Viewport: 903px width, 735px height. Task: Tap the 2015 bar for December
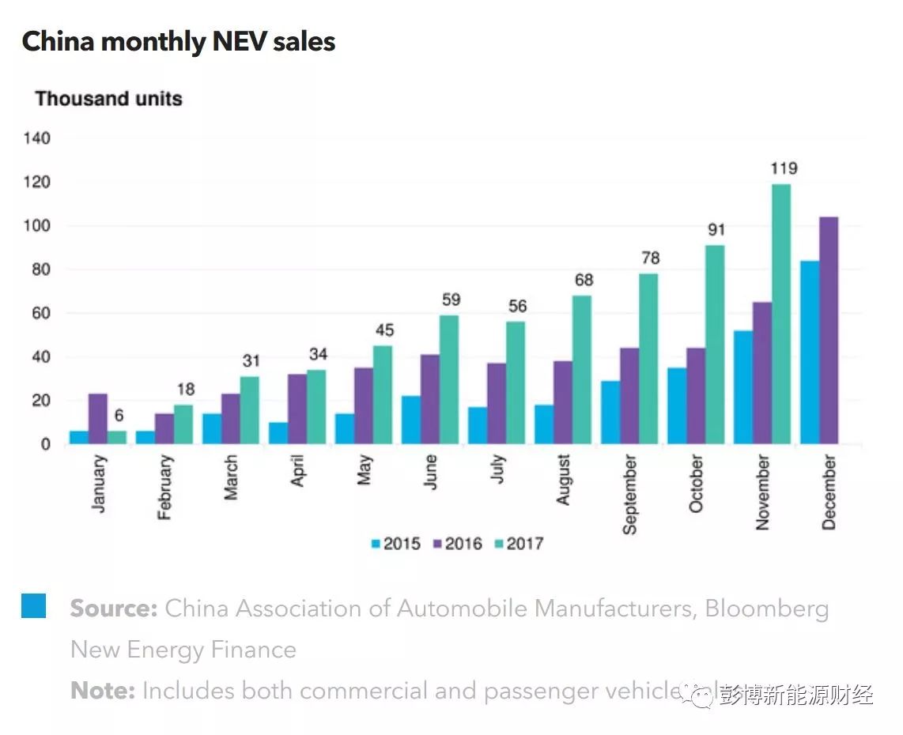(810, 352)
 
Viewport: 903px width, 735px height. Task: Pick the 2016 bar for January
(98, 419)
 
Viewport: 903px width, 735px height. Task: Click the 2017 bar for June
(449, 379)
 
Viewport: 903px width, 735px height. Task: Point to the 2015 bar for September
(610, 413)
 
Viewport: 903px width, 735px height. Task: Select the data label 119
(784, 168)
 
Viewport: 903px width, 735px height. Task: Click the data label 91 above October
(716, 230)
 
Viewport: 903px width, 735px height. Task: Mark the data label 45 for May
(384, 330)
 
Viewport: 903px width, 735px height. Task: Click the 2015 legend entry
(395, 544)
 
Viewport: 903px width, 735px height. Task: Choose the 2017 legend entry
(518, 544)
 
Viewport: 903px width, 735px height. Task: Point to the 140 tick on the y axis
(37, 138)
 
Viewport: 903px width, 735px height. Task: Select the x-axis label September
(629, 495)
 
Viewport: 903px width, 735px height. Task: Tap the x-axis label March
(231, 477)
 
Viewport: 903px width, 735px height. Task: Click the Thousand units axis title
(108, 99)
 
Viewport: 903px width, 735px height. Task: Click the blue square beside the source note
(33, 605)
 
